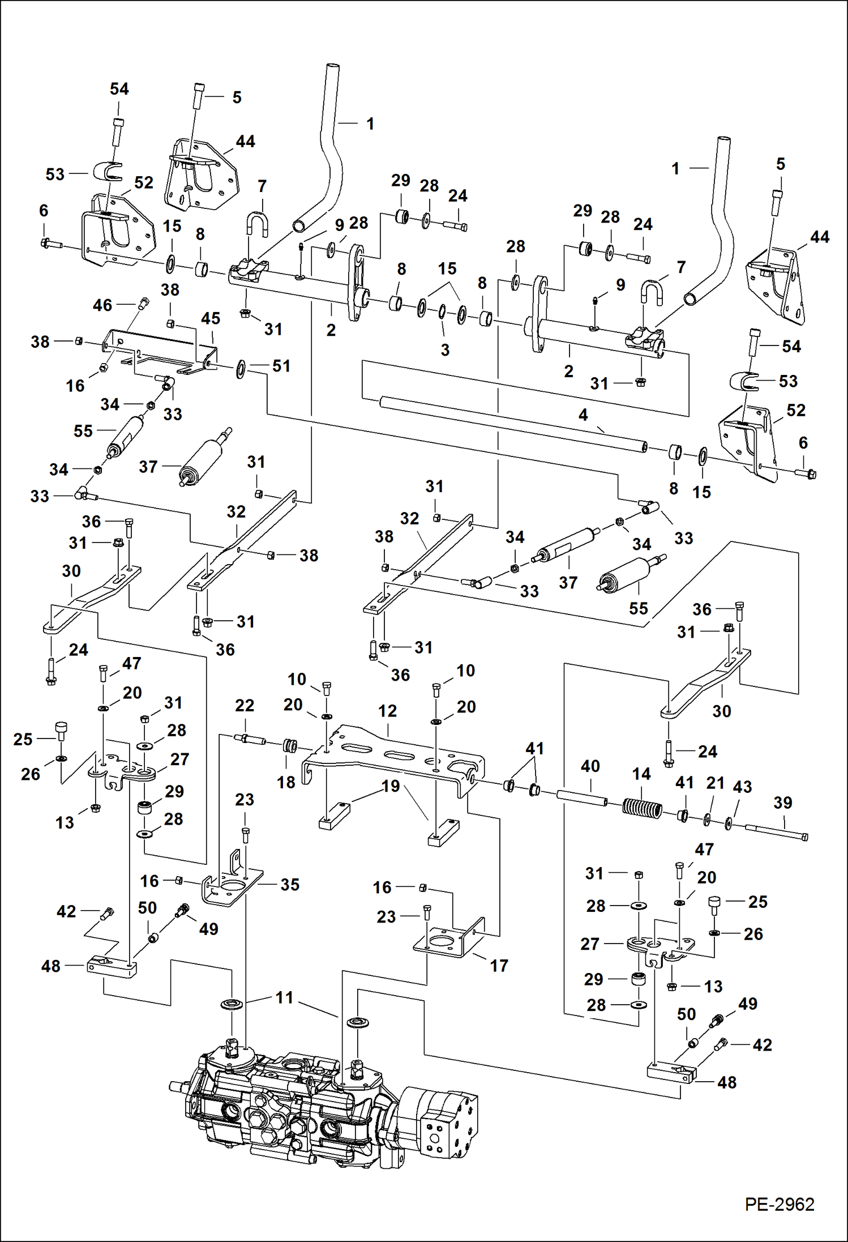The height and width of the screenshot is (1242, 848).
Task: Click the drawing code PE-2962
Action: point(779,1204)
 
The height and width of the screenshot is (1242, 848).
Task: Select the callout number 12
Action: point(387,711)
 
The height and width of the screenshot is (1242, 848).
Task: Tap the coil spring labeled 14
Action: point(642,808)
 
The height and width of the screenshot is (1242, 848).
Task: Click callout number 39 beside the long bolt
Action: point(783,803)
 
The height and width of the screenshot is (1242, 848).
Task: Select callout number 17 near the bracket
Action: point(499,965)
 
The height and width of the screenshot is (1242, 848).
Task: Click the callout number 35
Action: point(290,884)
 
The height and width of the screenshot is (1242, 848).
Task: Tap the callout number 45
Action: point(211,318)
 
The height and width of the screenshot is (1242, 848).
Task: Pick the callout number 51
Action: point(281,366)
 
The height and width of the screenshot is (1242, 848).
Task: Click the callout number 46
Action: point(102,305)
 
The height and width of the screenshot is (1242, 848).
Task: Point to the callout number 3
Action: point(445,350)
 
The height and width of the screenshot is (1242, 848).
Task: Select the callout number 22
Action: point(245,705)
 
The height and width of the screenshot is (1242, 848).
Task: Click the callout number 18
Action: point(286,782)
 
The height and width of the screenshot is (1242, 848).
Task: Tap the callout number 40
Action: point(590,766)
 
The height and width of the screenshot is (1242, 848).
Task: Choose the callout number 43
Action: point(742,787)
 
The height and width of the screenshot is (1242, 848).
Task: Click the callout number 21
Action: point(716,783)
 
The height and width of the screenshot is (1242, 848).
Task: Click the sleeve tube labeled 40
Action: point(582,799)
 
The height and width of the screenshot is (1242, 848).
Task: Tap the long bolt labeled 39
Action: point(776,833)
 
